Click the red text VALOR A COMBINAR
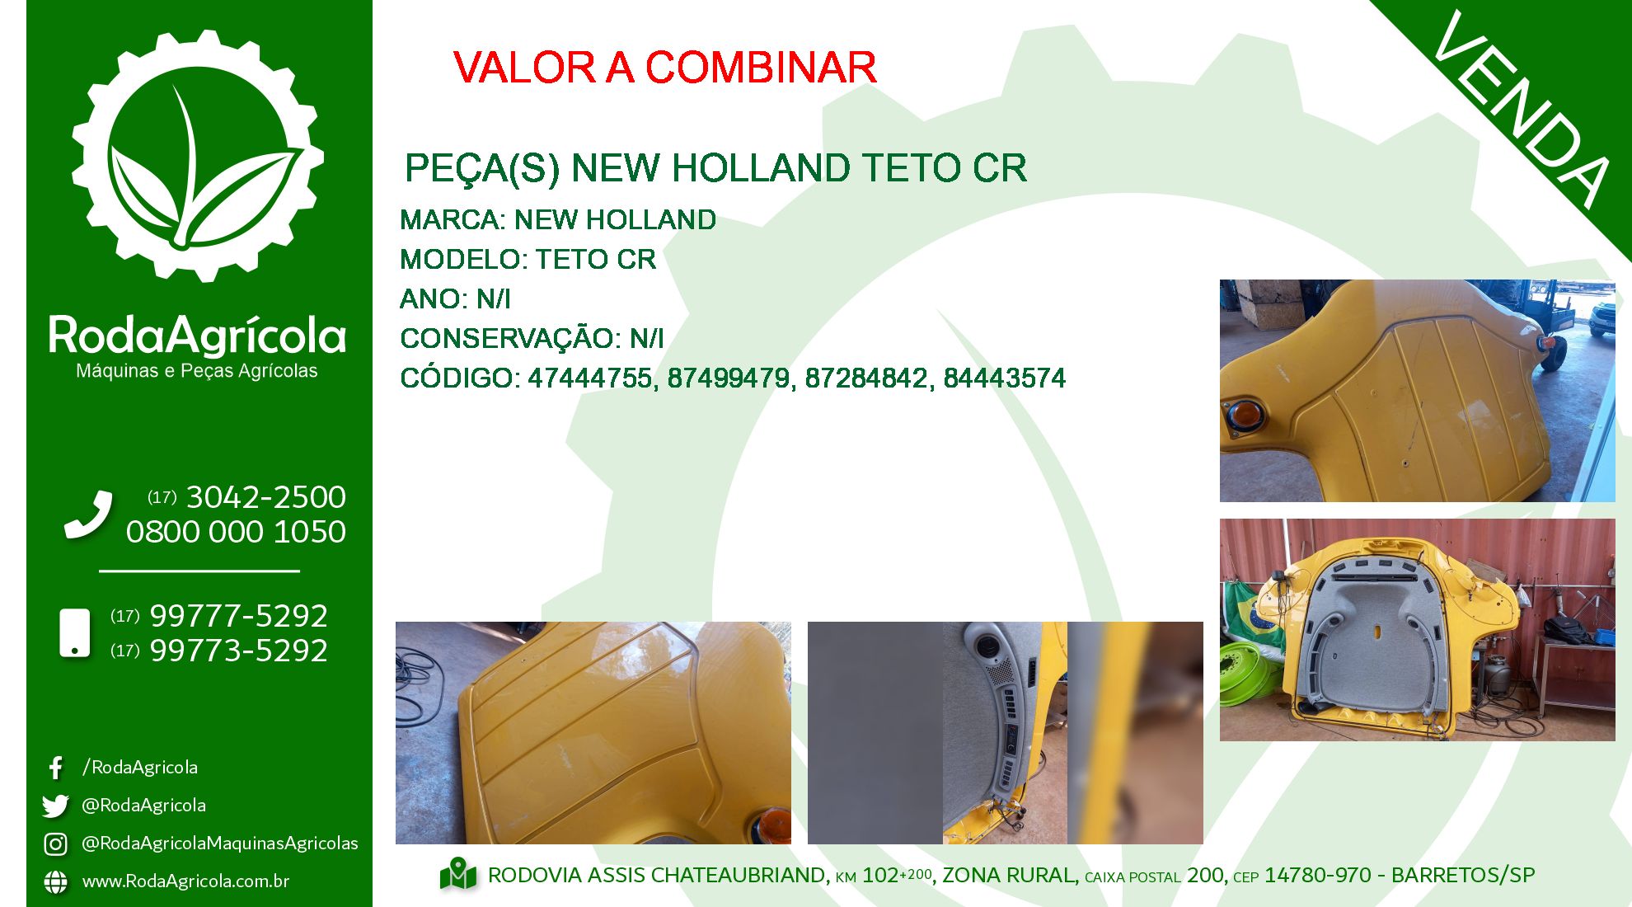point(664,68)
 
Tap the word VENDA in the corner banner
point(1522,110)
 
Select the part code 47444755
point(590,378)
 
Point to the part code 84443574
point(1005,378)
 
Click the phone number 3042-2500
point(265,497)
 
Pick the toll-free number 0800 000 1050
point(236,532)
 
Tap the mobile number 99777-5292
point(238,616)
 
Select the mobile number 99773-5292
point(238,651)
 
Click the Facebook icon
point(55,768)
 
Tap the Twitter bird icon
point(55,806)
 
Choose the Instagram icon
point(55,844)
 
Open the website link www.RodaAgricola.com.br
point(185,881)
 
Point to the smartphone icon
point(75,633)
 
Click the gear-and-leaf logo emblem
point(198,157)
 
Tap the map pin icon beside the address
point(458,875)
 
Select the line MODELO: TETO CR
point(528,260)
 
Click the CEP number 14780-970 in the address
point(1318,876)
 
